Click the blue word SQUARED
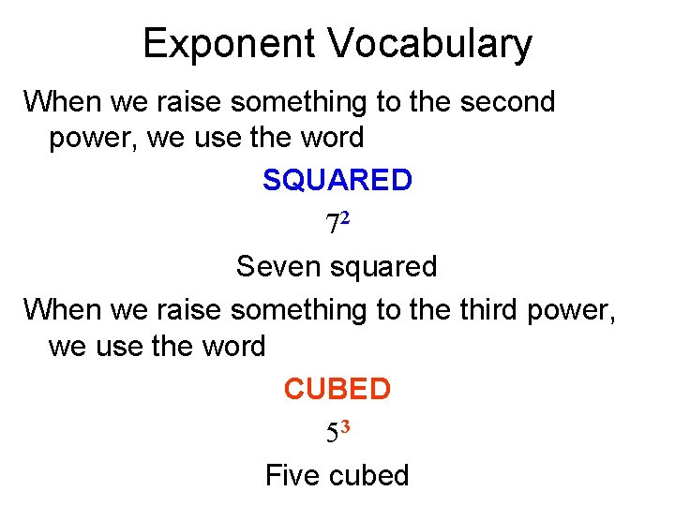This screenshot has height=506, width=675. pyautogui.click(x=337, y=180)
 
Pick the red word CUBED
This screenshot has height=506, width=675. pyautogui.click(x=337, y=388)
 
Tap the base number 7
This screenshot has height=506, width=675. pyautogui.click(x=332, y=226)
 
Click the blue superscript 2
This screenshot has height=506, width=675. pyautogui.click(x=344, y=217)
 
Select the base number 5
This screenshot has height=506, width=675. pyautogui.click(x=332, y=434)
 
